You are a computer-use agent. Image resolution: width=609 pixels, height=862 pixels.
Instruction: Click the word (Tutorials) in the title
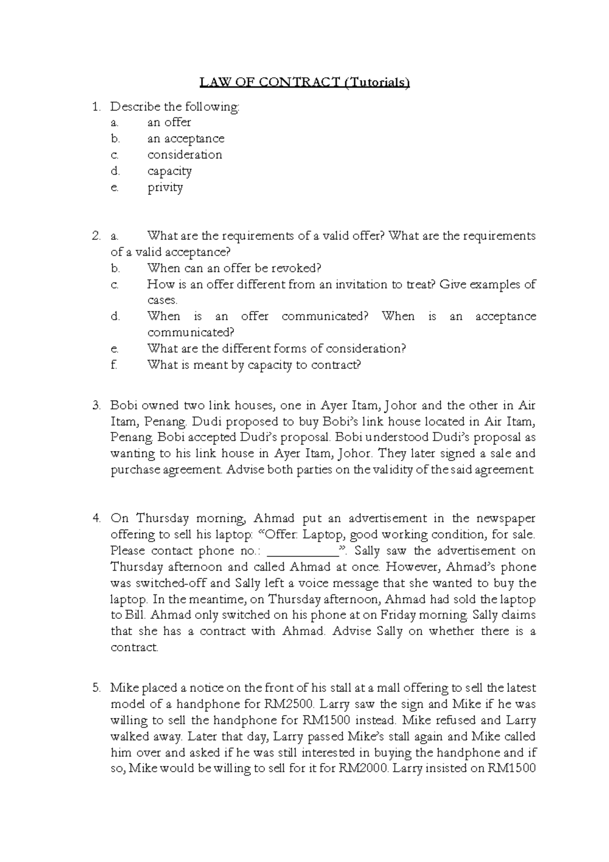click(377, 82)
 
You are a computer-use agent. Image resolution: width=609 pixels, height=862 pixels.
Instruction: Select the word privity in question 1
click(165, 188)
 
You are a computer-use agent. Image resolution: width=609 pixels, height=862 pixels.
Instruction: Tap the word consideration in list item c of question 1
click(185, 155)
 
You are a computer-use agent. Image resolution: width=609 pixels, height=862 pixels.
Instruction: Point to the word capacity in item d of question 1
click(170, 172)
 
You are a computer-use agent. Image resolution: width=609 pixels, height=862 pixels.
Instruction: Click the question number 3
click(96, 406)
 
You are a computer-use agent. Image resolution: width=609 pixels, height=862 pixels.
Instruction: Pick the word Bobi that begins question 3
click(124, 406)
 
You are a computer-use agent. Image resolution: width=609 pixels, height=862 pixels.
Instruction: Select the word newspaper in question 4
click(505, 518)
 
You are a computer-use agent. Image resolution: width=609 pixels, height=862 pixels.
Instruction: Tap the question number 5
click(96, 688)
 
